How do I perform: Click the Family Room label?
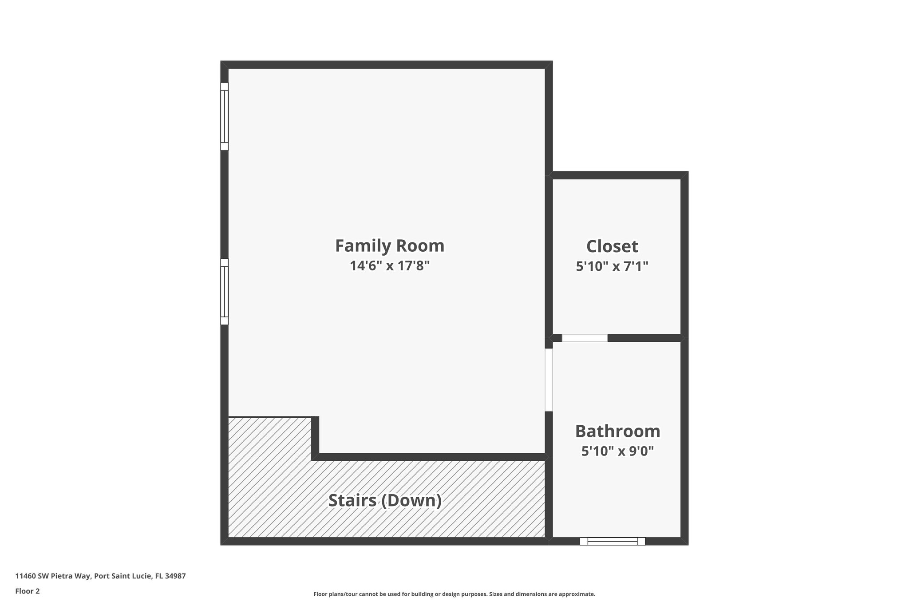tap(389, 246)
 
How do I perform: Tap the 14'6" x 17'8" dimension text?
tap(389, 266)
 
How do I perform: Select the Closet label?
tap(612, 246)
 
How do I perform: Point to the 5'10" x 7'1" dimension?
tap(612, 266)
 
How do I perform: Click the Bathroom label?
tap(617, 431)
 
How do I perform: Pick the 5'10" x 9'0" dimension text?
tap(617, 452)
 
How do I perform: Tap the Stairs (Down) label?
tap(385, 500)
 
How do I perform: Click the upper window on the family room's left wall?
tap(225, 116)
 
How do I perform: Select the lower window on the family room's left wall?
tap(225, 292)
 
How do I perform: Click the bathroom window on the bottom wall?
tap(613, 541)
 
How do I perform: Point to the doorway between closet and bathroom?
tap(585, 338)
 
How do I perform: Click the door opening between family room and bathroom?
tap(549, 380)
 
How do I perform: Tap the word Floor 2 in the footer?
tap(28, 591)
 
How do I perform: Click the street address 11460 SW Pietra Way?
tap(53, 576)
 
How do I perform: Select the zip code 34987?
tap(175, 576)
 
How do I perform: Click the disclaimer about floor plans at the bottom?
tap(454, 594)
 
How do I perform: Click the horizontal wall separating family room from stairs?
tap(431, 457)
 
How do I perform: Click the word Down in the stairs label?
tap(410, 500)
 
